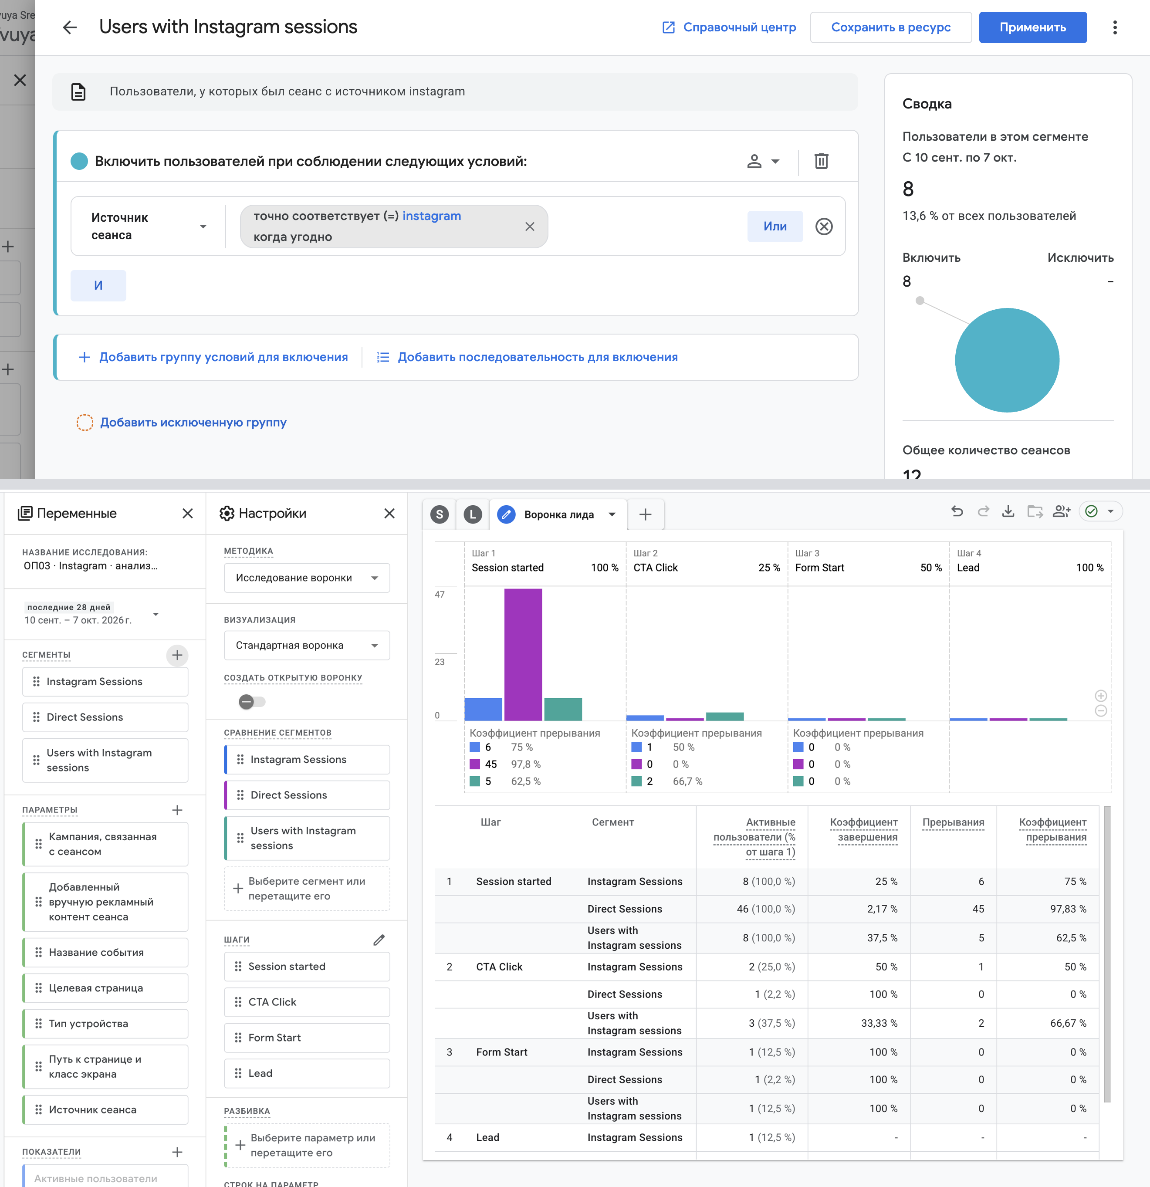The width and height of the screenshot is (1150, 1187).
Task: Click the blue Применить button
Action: pos(1032,27)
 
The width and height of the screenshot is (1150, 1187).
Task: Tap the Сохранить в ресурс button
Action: pos(891,27)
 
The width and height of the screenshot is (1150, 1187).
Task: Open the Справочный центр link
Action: pos(729,27)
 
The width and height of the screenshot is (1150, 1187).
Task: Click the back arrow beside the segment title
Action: pos(70,27)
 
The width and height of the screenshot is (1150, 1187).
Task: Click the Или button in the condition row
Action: pos(775,227)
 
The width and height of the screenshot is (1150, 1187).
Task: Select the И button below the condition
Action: pos(98,285)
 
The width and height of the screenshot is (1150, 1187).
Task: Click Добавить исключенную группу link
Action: pos(193,422)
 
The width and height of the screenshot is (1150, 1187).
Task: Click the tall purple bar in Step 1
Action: pos(523,654)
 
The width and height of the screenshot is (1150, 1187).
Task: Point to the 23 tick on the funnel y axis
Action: pos(440,662)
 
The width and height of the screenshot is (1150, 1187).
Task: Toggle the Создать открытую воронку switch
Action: pos(252,702)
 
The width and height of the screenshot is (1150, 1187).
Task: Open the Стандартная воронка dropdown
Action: pos(306,646)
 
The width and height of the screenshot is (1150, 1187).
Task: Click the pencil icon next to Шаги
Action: pos(379,940)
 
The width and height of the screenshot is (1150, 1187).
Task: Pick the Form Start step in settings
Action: pos(306,1038)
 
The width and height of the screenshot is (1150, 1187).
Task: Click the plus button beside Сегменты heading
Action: pos(177,655)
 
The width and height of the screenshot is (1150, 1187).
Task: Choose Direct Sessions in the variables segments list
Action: pos(105,717)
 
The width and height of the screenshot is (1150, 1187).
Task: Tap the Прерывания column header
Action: pos(953,822)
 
